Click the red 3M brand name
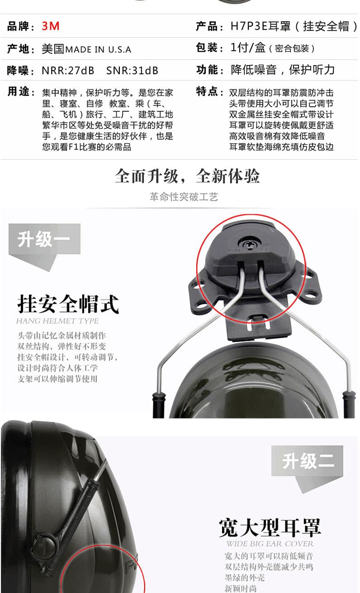pos(51,26)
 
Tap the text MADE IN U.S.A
pos(98,49)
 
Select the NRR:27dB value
pos(68,71)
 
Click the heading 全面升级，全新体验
pos(187,176)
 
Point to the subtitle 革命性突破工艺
pos(184,197)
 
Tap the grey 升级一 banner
pos(44,239)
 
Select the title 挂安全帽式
pos(68,304)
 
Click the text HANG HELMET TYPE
pos(57,321)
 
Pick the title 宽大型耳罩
pos(270,527)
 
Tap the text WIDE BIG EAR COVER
pos(270,544)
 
